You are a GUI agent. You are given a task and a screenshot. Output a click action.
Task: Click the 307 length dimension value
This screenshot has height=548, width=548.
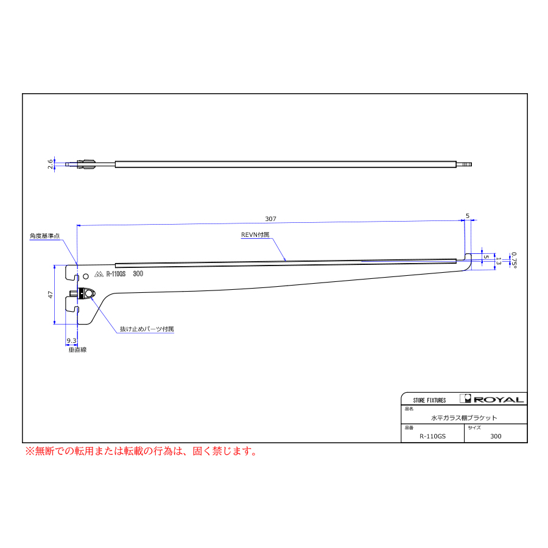270,219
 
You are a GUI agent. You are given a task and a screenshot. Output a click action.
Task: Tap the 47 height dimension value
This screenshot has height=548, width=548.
51,295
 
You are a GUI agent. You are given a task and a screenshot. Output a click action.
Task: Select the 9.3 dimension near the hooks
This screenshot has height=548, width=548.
71,340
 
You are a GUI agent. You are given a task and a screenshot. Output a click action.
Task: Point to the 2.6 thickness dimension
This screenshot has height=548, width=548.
51,164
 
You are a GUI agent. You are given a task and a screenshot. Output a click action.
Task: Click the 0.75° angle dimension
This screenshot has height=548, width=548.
513,260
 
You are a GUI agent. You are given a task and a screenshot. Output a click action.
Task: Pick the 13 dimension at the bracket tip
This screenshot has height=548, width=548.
499,261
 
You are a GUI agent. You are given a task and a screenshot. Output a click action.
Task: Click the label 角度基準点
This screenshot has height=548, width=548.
44,236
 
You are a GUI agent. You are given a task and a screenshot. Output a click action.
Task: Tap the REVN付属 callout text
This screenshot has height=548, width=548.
255,235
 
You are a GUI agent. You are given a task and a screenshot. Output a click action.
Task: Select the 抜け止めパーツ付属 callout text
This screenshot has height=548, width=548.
147,329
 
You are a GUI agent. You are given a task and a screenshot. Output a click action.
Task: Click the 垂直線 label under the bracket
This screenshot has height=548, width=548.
77,350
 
